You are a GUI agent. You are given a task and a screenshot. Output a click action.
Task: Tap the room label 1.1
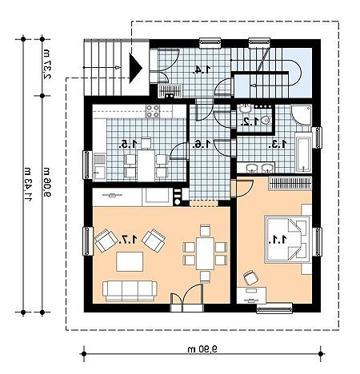pos(278,240)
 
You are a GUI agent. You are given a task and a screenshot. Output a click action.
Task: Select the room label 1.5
pos(129,144)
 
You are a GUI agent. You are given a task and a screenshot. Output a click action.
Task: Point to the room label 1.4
pos(202,70)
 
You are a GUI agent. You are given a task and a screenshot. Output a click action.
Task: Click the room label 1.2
pos(250,121)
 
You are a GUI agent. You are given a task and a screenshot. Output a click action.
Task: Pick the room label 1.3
pos(278,144)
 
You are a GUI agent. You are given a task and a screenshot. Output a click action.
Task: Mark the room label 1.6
pos(202,145)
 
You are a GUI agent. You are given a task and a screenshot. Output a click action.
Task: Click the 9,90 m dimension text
pos(202,349)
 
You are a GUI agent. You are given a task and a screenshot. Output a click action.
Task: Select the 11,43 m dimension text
pos(28,185)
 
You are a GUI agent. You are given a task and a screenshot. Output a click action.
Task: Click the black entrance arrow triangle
pos(135,68)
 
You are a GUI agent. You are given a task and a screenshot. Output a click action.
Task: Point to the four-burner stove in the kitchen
pos(153,111)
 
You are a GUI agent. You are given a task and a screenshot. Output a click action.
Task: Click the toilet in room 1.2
pos(266,120)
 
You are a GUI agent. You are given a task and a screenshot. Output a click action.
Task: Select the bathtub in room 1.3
pos(303,152)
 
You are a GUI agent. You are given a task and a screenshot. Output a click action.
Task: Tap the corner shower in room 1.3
pos(302,115)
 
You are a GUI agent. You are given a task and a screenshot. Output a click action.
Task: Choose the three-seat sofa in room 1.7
pos(130,291)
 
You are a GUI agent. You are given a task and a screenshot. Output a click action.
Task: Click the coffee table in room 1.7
pos(130,261)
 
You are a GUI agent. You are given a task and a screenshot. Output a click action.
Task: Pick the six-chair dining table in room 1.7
pos(205,253)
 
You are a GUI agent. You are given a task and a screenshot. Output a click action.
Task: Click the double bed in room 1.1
pos(288,240)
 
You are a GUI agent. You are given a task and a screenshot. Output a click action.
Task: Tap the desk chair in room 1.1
pos(250,277)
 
